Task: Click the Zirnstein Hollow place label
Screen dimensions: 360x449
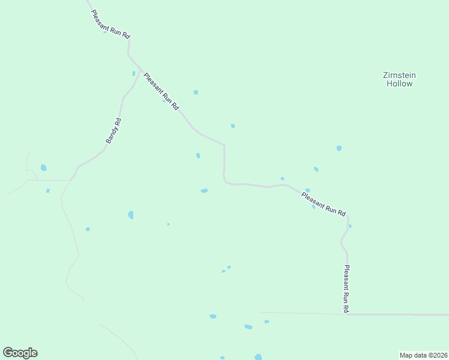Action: click(x=399, y=79)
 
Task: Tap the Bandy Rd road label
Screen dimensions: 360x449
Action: click(x=113, y=130)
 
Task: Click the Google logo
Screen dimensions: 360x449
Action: click(x=20, y=353)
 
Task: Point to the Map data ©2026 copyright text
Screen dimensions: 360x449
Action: click(x=424, y=355)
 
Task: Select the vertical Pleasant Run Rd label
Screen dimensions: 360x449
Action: click(x=346, y=289)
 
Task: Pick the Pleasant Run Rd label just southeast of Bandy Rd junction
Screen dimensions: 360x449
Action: click(x=161, y=91)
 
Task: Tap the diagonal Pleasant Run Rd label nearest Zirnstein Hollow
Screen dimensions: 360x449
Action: click(x=324, y=204)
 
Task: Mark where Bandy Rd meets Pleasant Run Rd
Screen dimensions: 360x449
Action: click(x=141, y=70)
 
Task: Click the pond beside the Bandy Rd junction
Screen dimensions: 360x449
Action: click(x=134, y=74)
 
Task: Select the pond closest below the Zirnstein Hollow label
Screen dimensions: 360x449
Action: click(x=339, y=148)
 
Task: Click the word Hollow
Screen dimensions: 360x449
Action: click(x=399, y=84)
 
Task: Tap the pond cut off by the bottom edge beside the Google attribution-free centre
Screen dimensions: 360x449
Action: click(x=258, y=357)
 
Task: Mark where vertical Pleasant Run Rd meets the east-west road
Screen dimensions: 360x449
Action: click(x=348, y=314)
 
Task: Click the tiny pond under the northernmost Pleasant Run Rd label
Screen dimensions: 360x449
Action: click(x=105, y=32)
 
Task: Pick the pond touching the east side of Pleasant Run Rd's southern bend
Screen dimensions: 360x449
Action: click(x=350, y=226)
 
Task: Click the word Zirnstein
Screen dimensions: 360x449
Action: click(x=399, y=75)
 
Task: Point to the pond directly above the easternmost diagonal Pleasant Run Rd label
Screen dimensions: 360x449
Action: click(x=307, y=190)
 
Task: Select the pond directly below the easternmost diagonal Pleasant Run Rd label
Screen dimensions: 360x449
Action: click(x=313, y=208)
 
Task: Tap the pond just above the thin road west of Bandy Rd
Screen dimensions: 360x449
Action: click(x=43, y=168)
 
